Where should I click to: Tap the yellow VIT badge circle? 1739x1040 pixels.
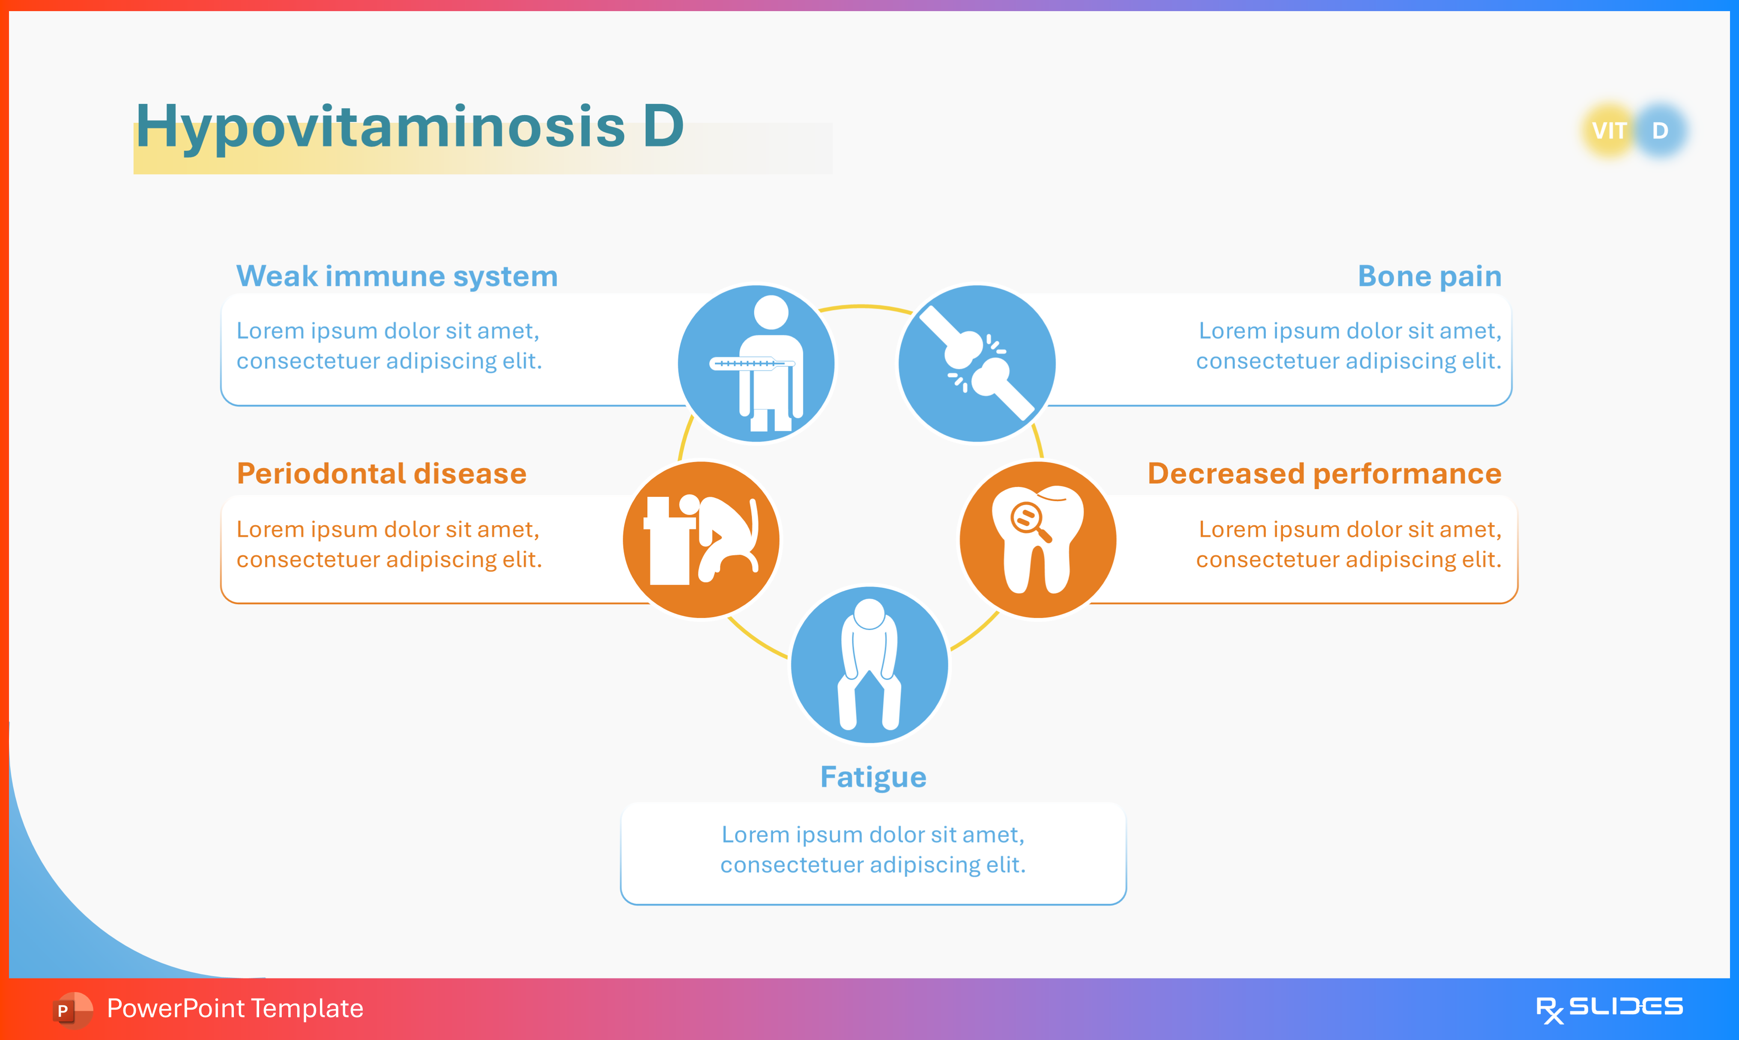coord(1609,131)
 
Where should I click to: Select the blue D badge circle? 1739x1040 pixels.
coord(1661,131)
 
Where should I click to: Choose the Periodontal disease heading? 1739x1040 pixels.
coord(382,474)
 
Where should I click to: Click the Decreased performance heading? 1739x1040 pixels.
coord(1324,474)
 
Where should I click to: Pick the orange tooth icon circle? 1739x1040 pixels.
coord(1038,540)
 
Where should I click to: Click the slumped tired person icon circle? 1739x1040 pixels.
coord(869,664)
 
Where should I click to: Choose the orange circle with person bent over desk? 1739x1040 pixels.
coord(701,540)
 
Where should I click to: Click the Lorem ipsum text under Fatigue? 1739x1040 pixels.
coord(873,850)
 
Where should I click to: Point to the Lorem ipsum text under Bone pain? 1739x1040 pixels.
coord(1348,345)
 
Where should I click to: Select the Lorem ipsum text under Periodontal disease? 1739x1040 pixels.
coord(389,544)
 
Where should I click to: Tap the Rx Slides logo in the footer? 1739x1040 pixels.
coord(1609,1008)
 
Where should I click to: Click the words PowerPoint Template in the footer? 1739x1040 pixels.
coord(235,1008)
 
